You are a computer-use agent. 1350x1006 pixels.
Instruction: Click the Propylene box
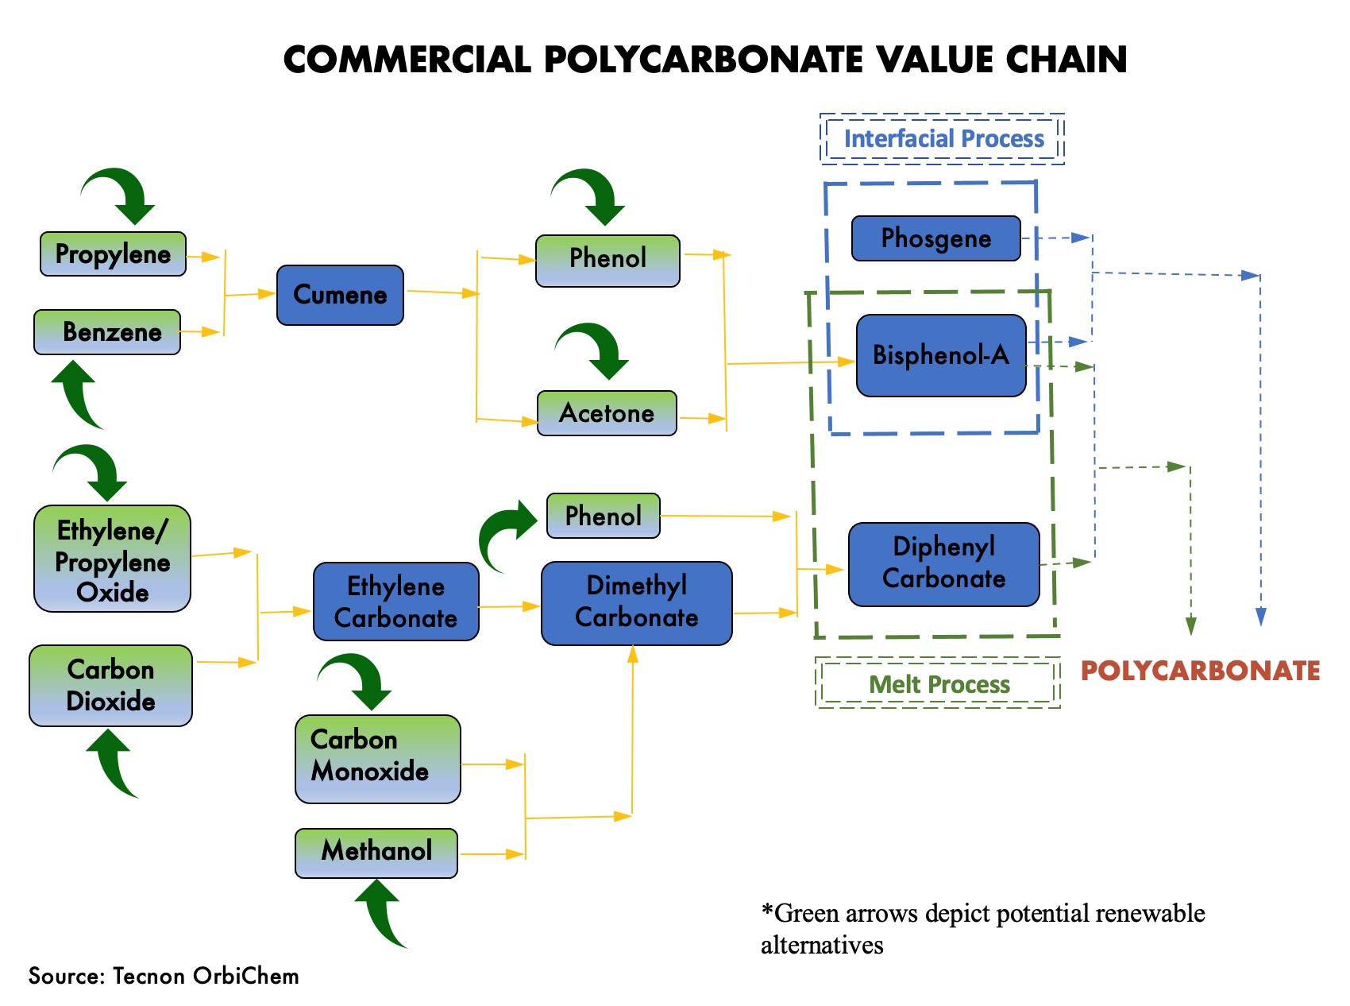tap(113, 254)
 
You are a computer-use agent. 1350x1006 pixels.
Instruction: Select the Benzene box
tap(107, 332)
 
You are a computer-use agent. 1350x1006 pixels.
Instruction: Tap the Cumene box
tap(340, 295)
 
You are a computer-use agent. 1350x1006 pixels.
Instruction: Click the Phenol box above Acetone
tap(607, 260)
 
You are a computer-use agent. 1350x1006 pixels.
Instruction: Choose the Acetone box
tap(607, 413)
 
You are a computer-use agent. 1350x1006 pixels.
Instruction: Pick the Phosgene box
tap(935, 238)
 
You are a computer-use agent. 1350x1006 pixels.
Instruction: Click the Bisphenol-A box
tap(941, 355)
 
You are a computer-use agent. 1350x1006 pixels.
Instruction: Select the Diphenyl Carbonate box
tap(943, 563)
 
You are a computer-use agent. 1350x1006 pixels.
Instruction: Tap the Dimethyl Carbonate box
tap(636, 602)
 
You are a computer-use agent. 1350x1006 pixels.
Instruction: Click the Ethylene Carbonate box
tap(395, 602)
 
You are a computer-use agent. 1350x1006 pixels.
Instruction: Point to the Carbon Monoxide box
tap(377, 758)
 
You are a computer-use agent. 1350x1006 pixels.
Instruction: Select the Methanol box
tap(376, 852)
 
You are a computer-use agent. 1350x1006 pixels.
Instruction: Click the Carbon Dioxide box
tap(110, 685)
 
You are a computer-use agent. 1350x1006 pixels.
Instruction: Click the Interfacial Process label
tap(943, 139)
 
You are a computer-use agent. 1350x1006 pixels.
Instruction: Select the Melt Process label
tap(939, 683)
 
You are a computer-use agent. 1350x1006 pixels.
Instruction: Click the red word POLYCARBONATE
tap(1199, 671)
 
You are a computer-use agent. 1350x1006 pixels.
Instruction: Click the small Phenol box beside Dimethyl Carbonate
tap(603, 516)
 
